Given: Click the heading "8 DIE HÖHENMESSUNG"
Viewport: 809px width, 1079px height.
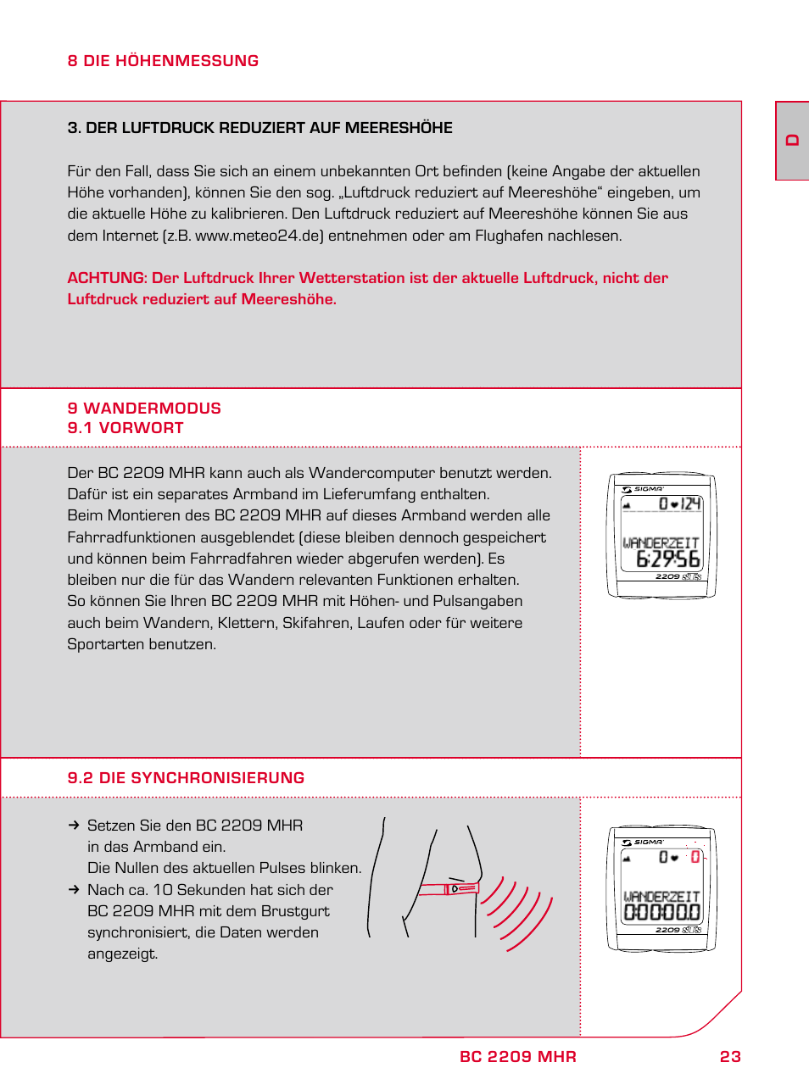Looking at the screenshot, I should point(163,61).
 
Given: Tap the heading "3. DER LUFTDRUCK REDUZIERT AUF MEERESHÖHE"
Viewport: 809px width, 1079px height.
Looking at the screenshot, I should point(259,128).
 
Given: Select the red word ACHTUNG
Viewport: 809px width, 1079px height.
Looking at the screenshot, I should point(106,278).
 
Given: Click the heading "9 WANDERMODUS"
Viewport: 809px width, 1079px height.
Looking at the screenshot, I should point(144,409).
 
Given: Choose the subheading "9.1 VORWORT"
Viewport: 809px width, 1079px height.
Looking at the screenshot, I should point(126,428).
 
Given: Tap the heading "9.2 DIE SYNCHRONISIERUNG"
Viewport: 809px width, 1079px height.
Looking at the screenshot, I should point(186,778).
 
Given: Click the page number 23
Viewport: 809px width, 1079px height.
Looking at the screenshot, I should point(730,1057).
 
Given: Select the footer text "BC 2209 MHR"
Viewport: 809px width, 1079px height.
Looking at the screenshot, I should point(517,1057).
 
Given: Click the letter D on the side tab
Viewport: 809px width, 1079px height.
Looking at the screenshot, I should point(792,141).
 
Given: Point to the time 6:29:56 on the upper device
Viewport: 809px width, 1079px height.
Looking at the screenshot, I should point(668,559).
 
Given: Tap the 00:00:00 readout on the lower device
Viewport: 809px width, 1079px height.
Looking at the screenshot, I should point(662,912).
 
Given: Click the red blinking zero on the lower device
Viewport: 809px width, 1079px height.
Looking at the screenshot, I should point(695,857).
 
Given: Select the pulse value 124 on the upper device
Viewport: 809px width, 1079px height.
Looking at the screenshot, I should point(691,503).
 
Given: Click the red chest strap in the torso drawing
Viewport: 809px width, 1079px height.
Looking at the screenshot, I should point(449,889).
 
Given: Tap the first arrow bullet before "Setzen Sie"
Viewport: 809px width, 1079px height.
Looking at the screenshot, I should point(74,826).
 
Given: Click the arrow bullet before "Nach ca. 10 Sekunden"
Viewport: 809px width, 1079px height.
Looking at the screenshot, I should point(74,890).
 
